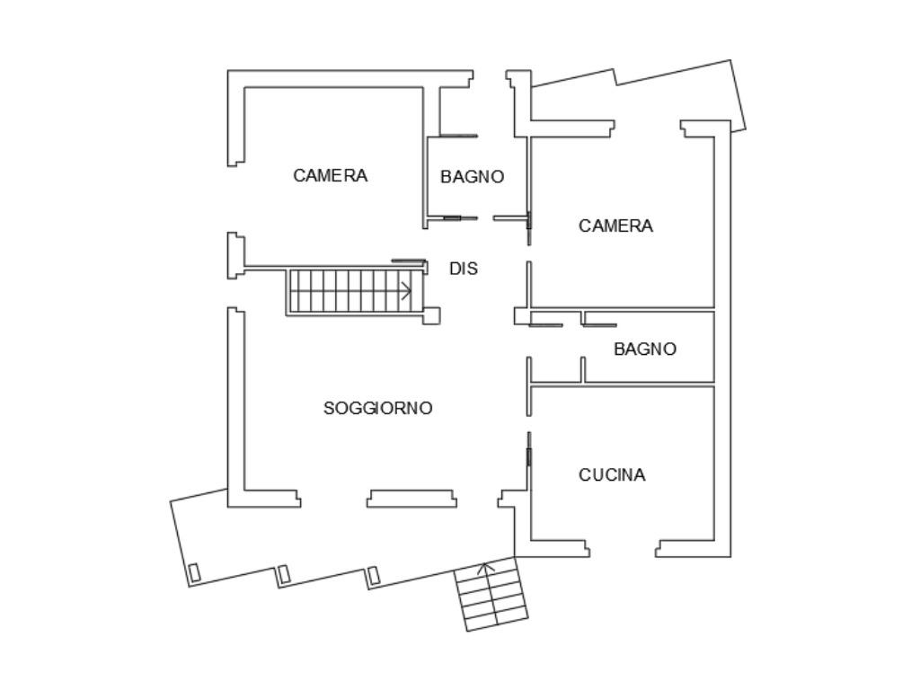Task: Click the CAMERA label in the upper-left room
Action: pos(330,176)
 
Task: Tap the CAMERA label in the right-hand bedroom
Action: pos(615,226)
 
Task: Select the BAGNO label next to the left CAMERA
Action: pos(472,177)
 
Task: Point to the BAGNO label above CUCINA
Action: pos(645,349)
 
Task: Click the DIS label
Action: pos(464,269)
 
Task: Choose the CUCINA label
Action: pos(611,475)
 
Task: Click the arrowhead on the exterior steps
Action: pos(486,568)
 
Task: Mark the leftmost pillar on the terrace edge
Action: pos(193,571)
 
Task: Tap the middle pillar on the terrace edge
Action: pos(283,573)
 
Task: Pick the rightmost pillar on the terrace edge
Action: pos(374,574)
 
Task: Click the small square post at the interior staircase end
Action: pos(431,315)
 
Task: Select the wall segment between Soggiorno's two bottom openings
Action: pos(411,498)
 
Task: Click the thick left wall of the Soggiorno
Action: pos(235,404)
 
